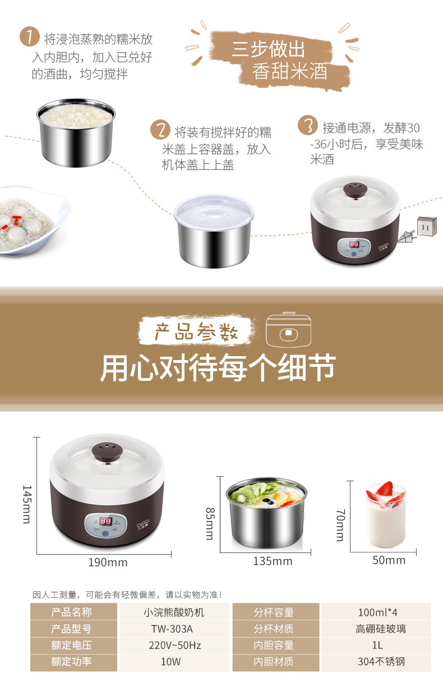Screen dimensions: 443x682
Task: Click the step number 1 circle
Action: pos(30,36)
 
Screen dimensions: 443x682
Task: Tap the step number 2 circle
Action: pos(160,130)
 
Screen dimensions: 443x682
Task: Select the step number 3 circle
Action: pos(308,125)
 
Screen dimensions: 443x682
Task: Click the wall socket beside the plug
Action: pos(427,226)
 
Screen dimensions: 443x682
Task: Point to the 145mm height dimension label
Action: pos(27,504)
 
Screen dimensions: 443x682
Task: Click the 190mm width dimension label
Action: pos(108,563)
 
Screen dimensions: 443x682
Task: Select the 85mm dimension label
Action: pos(210,524)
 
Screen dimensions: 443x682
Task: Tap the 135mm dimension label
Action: pos(273,561)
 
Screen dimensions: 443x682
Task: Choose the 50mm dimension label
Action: pos(389,560)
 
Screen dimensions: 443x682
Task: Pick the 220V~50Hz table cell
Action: pos(174,645)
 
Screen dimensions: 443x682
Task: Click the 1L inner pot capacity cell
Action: pos(377,645)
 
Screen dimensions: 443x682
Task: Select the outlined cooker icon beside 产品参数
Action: pos(288,330)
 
